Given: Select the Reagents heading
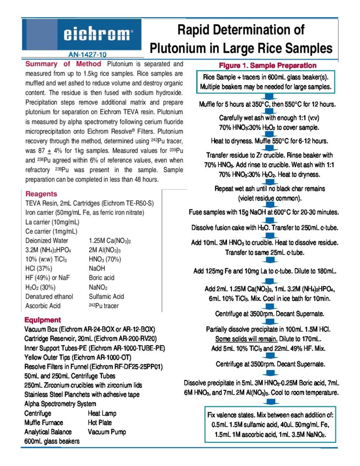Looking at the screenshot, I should point(41,193).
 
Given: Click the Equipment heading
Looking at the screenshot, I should point(43,319).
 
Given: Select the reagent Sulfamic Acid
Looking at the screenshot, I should point(106,296).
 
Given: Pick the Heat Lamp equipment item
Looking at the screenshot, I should point(102,413).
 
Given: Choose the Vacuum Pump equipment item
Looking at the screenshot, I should point(106,432).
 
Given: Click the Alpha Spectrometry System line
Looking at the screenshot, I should point(60,404).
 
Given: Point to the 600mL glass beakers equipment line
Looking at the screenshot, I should point(52,441).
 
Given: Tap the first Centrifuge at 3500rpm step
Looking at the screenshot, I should point(270,314).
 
